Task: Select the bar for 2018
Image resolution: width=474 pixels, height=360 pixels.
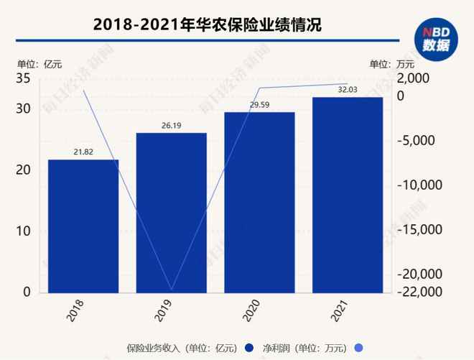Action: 83,226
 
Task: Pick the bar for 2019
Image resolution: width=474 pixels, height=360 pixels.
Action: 171,213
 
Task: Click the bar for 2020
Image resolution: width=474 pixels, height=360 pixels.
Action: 259,202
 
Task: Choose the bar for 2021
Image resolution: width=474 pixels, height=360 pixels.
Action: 347,195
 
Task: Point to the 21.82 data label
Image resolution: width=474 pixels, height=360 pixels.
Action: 83,152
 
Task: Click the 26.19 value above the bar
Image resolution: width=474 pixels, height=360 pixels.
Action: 171,125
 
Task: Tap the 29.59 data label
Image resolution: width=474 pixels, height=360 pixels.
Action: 259,105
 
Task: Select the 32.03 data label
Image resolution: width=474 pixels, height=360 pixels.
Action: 347,90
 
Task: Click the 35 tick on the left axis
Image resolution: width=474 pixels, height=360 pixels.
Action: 24,78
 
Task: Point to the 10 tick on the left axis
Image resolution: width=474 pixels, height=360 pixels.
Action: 24,231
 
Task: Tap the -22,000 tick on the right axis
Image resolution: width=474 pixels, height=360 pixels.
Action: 419,292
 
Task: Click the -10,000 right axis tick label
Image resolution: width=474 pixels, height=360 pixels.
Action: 419,185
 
